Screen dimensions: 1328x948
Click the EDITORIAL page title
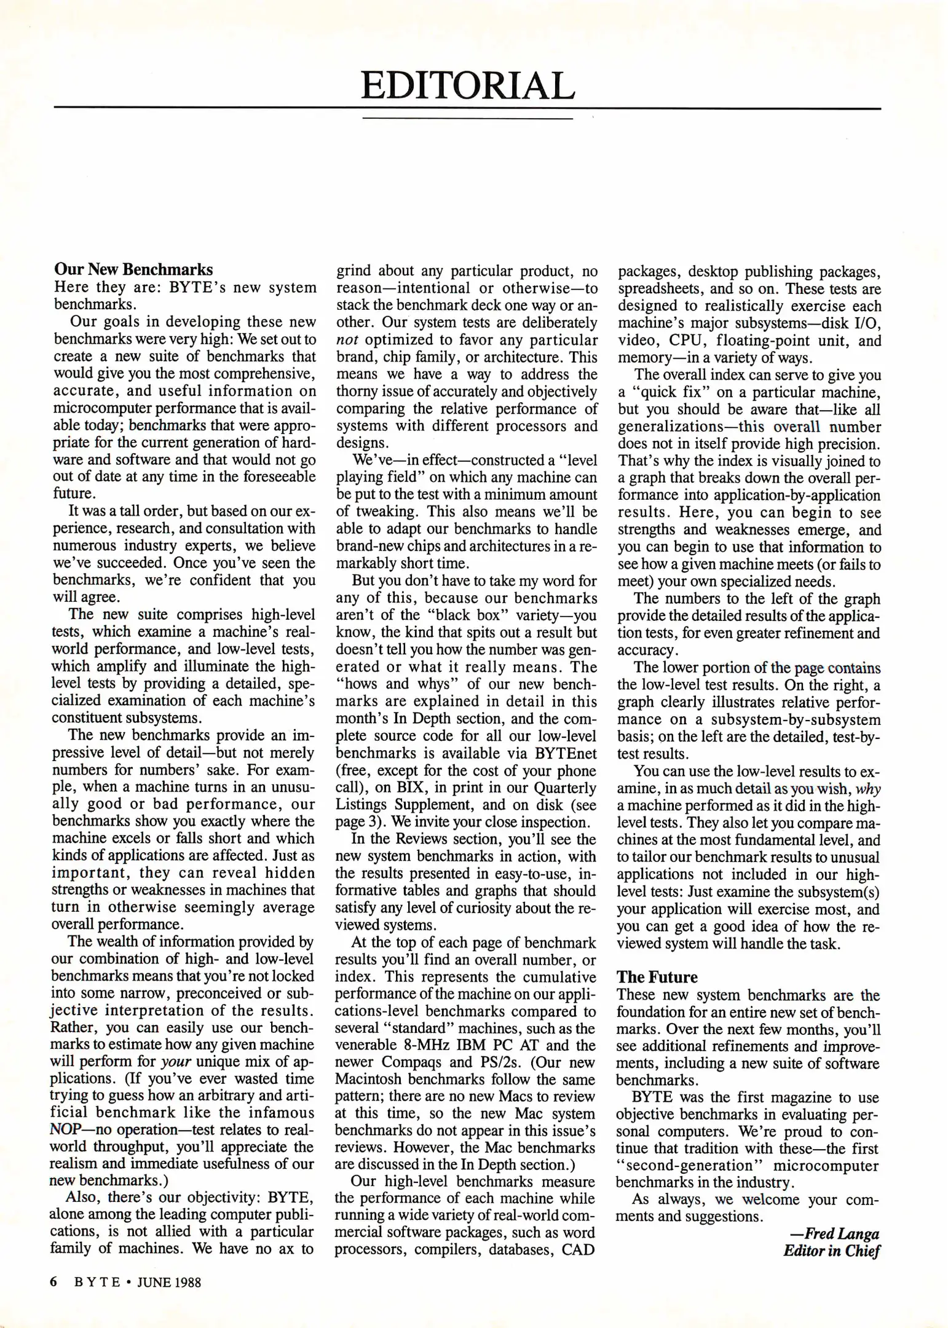467,86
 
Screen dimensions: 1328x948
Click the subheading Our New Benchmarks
133,269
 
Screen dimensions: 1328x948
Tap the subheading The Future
657,977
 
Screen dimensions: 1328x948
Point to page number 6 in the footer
53,1282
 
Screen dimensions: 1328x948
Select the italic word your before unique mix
176,1062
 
